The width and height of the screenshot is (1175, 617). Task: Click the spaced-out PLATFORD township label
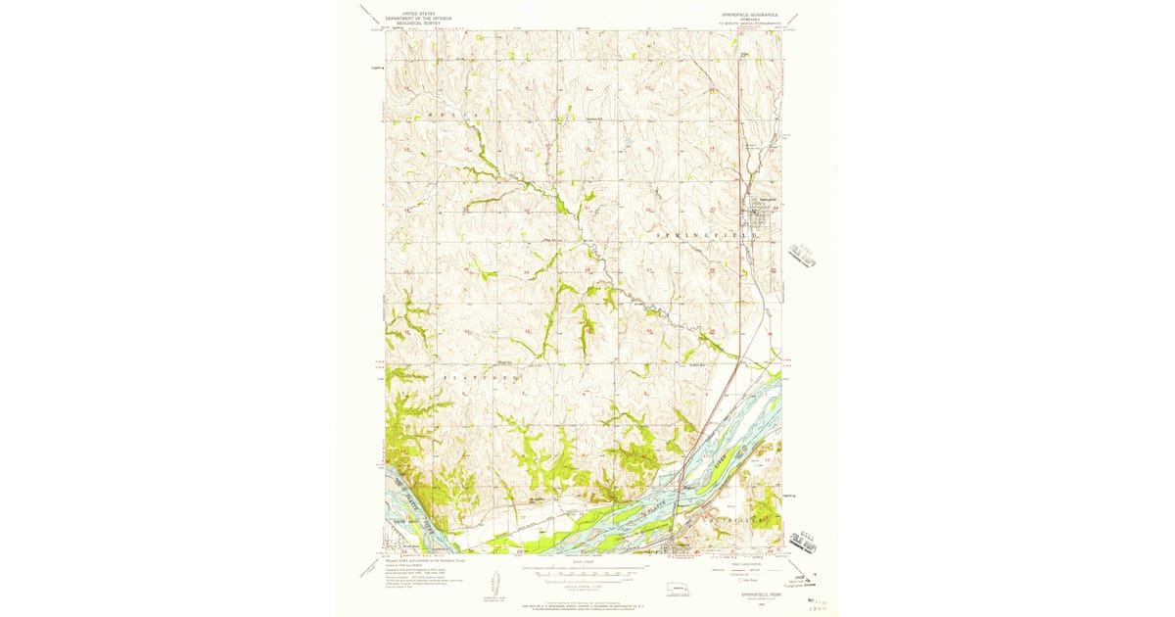pos(480,376)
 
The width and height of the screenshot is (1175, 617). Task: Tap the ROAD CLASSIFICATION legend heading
pos(749,562)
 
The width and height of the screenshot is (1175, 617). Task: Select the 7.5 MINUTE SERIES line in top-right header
pos(746,22)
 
